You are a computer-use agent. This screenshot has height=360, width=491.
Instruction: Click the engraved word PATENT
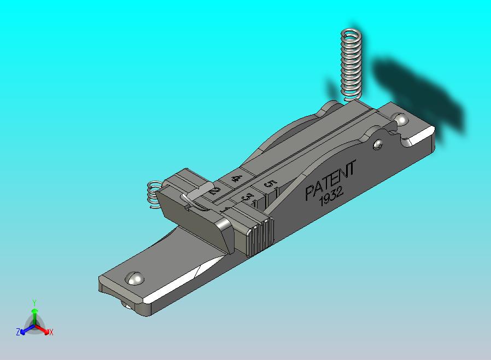[x=330, y=180]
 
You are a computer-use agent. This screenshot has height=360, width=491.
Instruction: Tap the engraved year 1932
[x=331, y=196]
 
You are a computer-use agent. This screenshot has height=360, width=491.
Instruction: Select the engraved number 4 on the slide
[x=236, y=179]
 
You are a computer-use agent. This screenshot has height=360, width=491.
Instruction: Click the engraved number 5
[x=270, y=183]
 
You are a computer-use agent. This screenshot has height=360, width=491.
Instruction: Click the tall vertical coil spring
[x=352, y=65]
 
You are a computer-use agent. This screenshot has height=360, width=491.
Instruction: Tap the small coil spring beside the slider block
[x=154, y=194]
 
